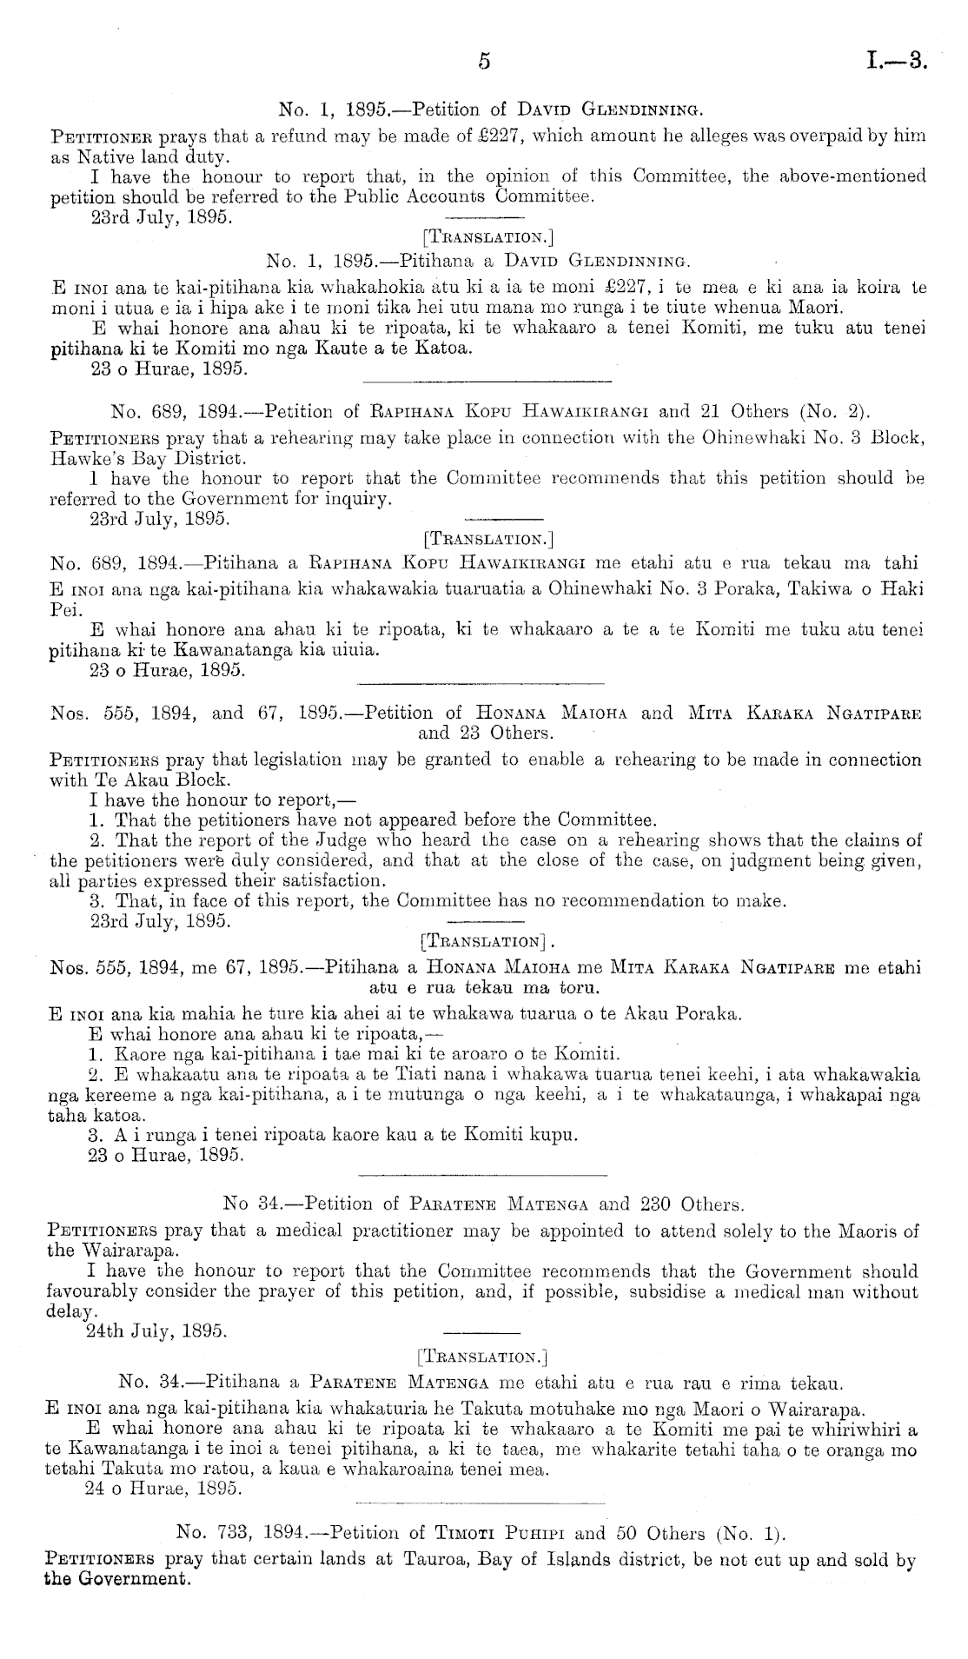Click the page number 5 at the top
485,62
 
